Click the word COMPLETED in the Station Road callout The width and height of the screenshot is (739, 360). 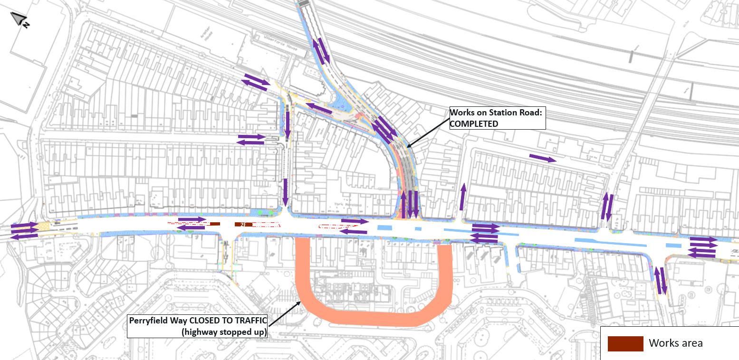point(474,123)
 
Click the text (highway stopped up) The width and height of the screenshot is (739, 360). point(224,332)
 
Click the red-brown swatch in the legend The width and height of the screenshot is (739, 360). point(625,343)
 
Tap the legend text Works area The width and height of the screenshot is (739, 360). point(675,343)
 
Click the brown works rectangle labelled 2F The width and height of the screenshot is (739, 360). point(243,224)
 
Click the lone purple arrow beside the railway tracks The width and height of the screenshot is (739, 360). point(542,158)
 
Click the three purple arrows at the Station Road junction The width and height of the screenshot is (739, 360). point(409,204)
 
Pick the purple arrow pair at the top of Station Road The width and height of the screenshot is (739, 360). point(320,50)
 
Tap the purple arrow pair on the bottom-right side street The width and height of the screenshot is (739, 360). point(661,280)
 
